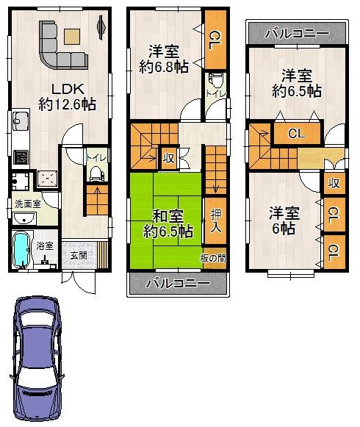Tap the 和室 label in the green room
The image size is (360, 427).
[168, 216]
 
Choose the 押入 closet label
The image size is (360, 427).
[215, 220]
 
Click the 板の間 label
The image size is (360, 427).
[213, 259]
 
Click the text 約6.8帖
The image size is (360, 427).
[164, 68]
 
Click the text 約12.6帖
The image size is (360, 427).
[67, 104]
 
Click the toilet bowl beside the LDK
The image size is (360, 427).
[94, 173]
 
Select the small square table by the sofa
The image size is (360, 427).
[72, 35]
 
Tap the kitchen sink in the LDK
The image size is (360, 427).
[19, 121]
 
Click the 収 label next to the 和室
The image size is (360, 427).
[168, 157]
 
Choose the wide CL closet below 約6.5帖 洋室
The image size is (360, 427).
[295, 134]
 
